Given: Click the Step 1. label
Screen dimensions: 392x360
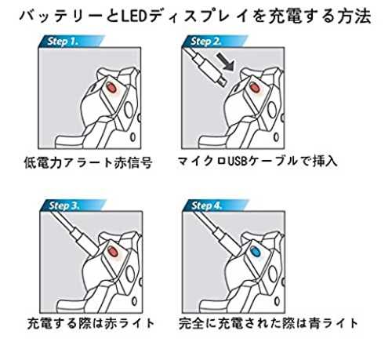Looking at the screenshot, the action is (x=63, y=42).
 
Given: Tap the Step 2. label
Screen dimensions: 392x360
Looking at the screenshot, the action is (x=206, y=42).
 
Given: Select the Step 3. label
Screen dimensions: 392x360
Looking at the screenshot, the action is (x=64, y=205).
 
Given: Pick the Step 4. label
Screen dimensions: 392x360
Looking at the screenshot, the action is (x=207, y=205).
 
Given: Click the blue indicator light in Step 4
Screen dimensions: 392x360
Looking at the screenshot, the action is (x=255, y=252).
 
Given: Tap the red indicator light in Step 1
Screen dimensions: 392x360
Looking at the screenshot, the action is (x=111, y=88).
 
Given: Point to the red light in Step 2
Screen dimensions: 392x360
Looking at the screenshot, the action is (x=255, y=88).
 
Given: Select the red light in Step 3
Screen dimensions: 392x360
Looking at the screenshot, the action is (x=112, y=252).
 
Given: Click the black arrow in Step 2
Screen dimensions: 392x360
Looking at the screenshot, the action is (x=226, y=62).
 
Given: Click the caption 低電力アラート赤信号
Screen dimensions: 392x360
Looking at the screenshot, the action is (x=88, y=163).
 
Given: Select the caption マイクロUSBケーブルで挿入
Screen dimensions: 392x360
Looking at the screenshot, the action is (x=257, y=161).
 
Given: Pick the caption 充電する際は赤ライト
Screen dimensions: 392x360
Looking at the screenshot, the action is (x=91, y=323).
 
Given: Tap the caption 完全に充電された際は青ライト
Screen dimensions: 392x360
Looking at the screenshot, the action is (x=268, y=323).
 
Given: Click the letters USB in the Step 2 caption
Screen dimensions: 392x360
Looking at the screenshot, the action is (x=238, y=162).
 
